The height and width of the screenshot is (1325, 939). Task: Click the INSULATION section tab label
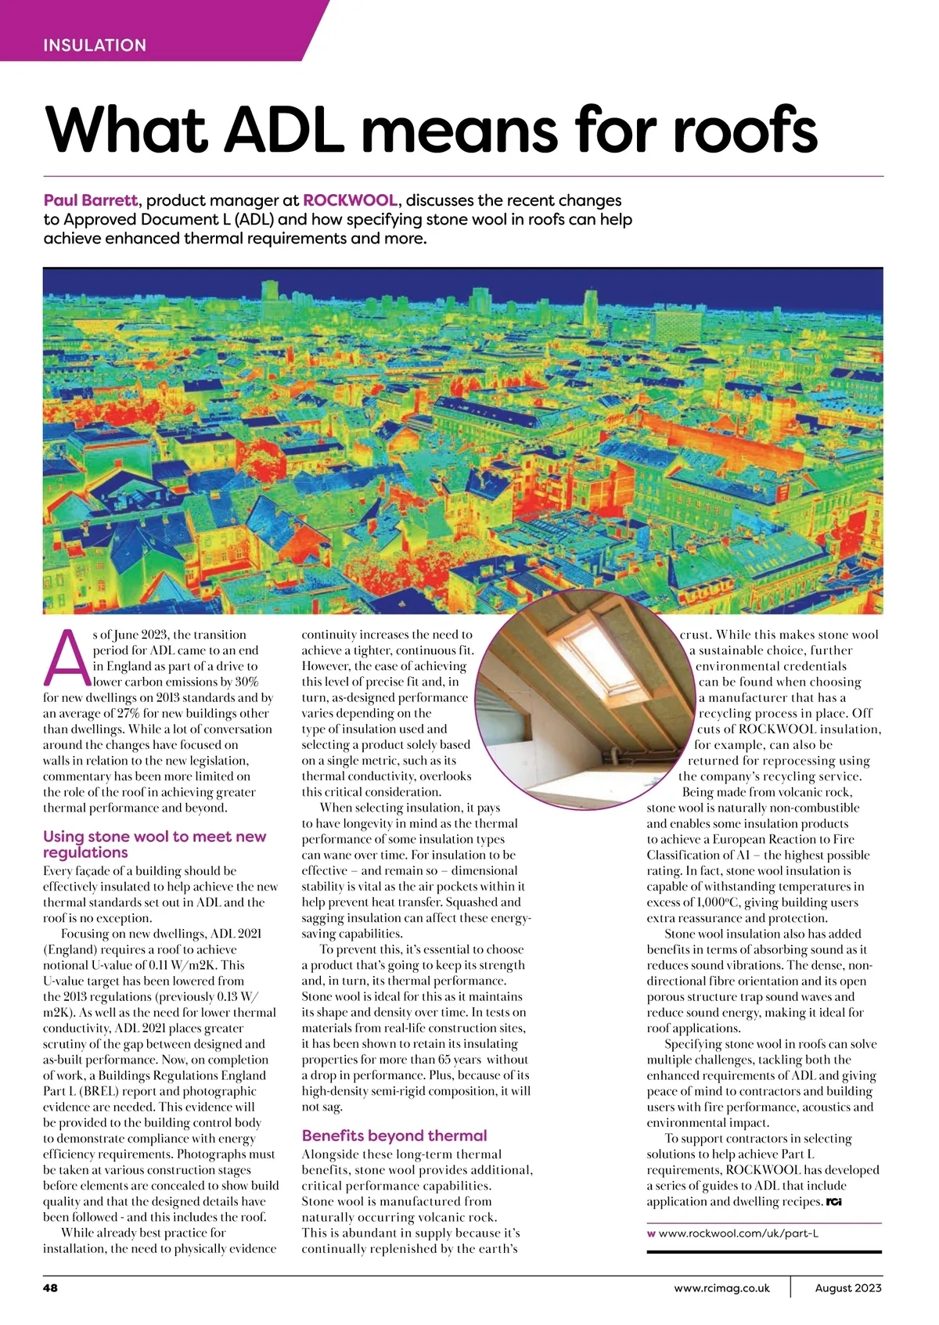pos(95,45)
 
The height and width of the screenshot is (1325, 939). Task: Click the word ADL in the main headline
pos(284,129)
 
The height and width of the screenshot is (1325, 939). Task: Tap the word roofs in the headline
pos(744,129)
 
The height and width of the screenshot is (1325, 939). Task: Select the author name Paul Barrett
pos(91,200)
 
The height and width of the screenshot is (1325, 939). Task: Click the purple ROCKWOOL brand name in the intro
pos(350,200)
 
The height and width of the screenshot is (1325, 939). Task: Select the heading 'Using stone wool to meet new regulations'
pos(154,844)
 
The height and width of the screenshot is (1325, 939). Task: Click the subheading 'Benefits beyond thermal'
pos(394,1136)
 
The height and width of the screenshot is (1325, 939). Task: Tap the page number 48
pos(50,1288)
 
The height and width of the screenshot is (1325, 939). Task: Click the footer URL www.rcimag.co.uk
pos(721,1288)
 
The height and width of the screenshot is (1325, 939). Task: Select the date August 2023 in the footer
pos(848,1288)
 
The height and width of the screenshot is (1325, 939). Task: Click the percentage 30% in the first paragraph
pos(246,682)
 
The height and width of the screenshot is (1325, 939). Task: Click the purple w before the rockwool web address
pos(651,1233)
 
